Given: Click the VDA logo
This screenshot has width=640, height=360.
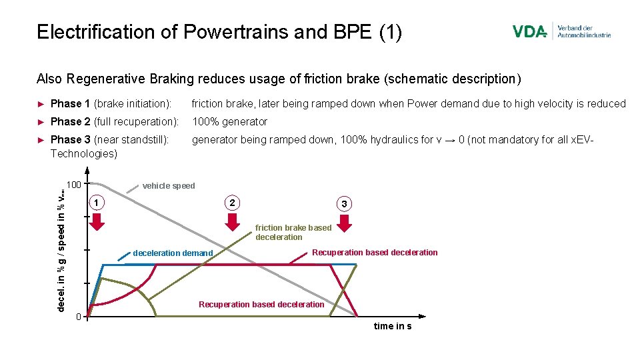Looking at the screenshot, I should click(x=530, y=31).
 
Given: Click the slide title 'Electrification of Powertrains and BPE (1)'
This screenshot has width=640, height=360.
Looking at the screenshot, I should click(x=219, y=32).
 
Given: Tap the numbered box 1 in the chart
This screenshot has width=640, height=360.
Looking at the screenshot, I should click(x=98, y=202).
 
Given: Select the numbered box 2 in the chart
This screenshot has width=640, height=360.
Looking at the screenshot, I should click(x=232, y=202).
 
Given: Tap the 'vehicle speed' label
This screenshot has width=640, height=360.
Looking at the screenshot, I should click(x=169, y=186).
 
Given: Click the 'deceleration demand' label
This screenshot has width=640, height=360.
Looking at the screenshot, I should click(x=173, y=253).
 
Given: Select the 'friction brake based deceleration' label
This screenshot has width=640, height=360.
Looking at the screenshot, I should click(x=293, y=232).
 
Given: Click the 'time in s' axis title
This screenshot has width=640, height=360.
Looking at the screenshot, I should click(x=393, y=326).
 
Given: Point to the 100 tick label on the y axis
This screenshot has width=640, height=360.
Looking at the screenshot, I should click(x=74, y=184).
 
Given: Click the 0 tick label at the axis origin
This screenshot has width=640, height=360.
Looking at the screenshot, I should click(x=78, y=315).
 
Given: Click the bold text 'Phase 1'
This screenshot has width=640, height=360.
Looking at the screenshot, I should click(x=70, y=103).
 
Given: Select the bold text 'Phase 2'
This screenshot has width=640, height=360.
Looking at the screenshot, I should click(x=70, y=121).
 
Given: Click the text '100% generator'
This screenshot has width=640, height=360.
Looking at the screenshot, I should click(x=229, y=121).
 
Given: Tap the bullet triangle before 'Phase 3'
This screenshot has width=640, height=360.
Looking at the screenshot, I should click(x=41, y=140).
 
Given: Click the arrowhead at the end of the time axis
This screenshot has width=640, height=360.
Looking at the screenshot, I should click(x=423, y=315).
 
